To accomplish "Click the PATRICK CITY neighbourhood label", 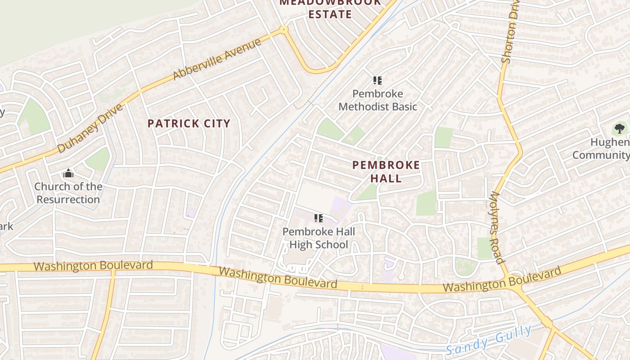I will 189,124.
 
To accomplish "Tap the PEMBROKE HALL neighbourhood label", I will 386,171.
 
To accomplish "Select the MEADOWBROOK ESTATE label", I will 330,9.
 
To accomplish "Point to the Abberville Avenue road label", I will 216,59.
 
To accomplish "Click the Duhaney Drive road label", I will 90,129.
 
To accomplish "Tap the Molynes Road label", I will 496,228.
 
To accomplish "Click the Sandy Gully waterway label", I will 489,340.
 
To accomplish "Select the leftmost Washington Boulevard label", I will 93,265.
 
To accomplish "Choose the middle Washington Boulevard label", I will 278,278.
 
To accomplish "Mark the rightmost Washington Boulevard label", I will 502,279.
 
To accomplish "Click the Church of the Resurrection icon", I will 68,173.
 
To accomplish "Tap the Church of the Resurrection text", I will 68,193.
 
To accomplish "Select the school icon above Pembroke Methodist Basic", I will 378,81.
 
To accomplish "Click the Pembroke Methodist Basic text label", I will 378,100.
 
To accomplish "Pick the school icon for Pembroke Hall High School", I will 319,219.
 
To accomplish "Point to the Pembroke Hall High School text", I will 319,238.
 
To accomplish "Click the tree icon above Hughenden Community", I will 620,129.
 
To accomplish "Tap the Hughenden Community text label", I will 603,148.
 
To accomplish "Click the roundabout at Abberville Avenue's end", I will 283,30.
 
